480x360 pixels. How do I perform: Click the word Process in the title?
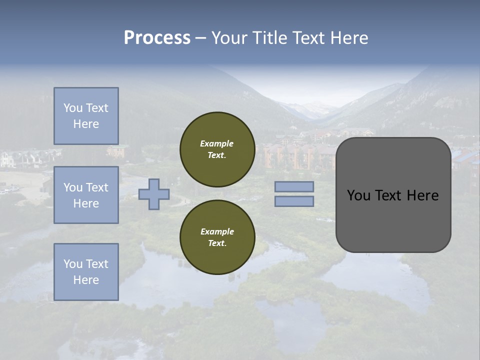tap(157, 38)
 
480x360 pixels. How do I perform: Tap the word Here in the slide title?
tap(348, 38)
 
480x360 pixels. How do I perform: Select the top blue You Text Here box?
tap(86, 116)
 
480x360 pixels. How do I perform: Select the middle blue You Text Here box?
tap(86, 195)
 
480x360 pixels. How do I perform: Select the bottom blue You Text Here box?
tap(86, 272)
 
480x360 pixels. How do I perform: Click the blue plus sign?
tap(153, 194)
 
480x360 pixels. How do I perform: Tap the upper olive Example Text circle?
tap(217, 149)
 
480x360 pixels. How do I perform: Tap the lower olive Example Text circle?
tap(217, 237)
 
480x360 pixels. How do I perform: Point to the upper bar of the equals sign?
tap(294, 187)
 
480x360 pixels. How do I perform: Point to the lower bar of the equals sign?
tap(294, 201)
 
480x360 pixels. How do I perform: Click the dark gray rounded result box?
tap(393, 220)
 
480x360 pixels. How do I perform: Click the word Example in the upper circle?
tap(216, 143)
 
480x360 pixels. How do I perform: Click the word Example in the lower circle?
tap(217, 231)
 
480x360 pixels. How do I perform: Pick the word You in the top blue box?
tap(72, 108)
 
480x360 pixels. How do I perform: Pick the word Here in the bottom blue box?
tap(86, 280)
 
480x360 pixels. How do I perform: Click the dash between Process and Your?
tap(200, 38)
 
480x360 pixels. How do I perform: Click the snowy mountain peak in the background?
tap(315, 106)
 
